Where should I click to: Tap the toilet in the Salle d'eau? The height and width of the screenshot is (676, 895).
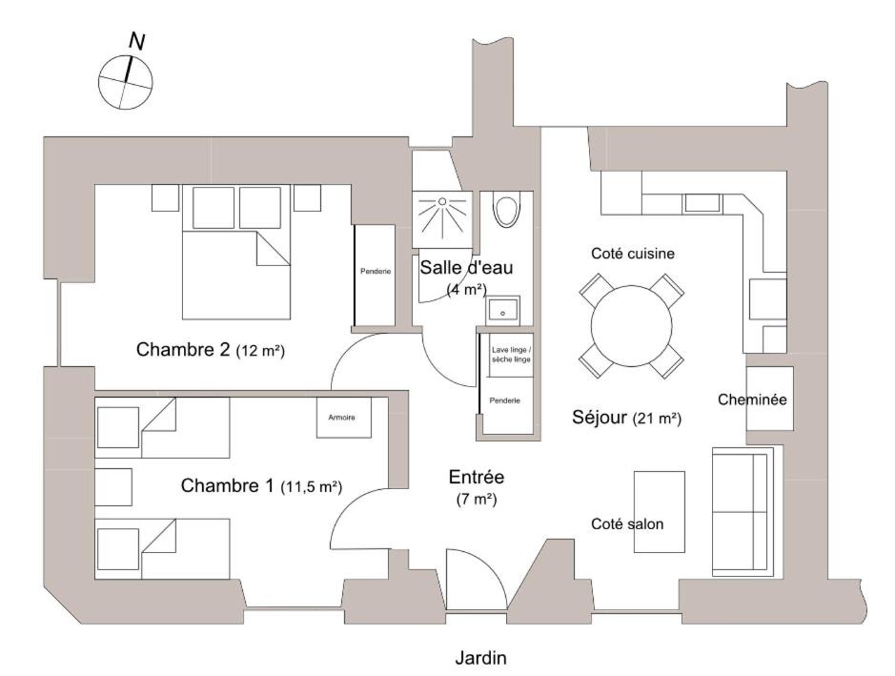tap(506, 210)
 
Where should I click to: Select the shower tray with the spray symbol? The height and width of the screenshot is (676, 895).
tap(442, 219)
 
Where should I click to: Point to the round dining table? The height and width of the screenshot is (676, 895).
tap(631, 326)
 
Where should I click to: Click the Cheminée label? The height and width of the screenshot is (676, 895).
tap(752, 399)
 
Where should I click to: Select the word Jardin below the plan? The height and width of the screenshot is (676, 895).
tap(480, 658)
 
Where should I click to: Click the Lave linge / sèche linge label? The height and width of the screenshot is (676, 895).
tap(511, 355)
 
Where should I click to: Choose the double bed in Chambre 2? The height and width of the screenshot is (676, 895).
tap(236, 253)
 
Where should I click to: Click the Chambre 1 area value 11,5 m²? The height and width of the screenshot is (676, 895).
tap(311, 486)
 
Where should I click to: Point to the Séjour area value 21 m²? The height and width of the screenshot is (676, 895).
tap(657, 419)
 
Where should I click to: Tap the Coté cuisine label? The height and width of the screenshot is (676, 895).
tap(633, 253)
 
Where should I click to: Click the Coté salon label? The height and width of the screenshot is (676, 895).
tap(627, 523)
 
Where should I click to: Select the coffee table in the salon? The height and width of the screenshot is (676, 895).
tap(660, 512)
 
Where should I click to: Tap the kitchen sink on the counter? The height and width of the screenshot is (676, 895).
tap(702, 203)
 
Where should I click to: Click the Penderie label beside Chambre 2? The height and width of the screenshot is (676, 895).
tap(376, 271)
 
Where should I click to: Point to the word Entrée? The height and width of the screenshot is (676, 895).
tap(477, 477)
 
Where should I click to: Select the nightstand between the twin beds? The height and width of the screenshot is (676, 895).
tap(113, 487)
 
